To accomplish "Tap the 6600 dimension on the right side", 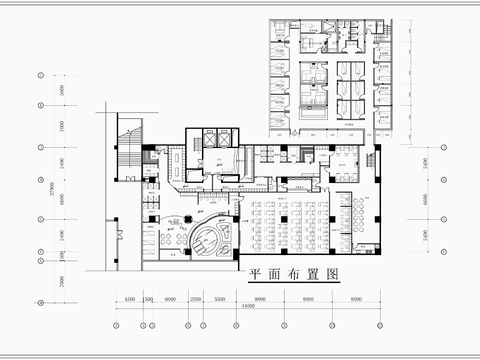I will [x=428, y=199].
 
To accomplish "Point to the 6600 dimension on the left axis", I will [x=59, y=199].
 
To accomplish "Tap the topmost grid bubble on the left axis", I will [x=40, y=75].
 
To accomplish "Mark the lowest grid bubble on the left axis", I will [x=40, y=301].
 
